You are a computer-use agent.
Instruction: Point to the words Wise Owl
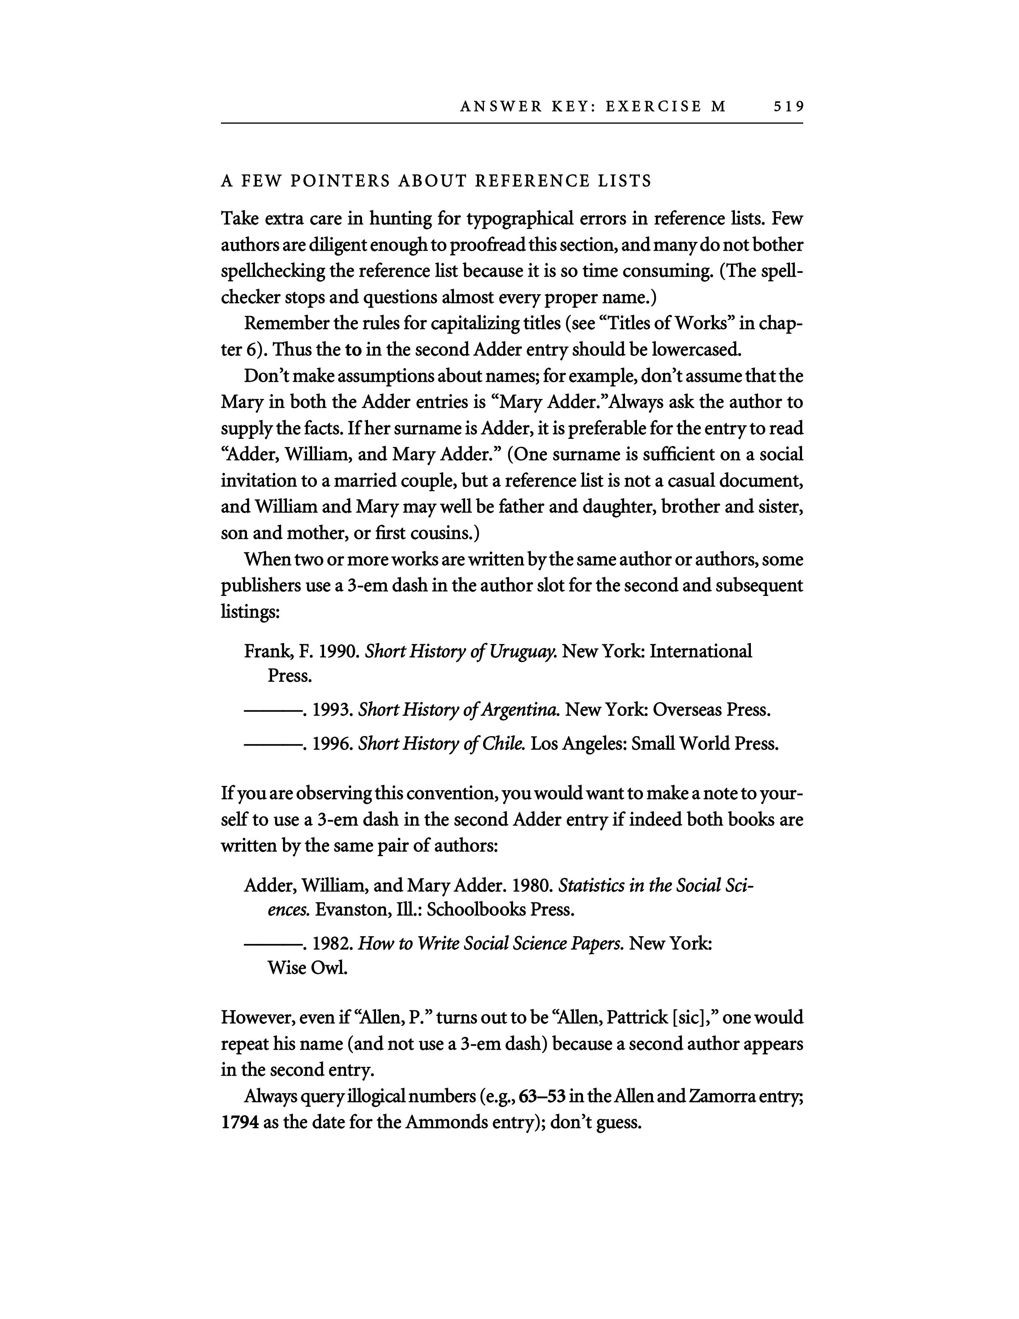pos(306,969)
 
